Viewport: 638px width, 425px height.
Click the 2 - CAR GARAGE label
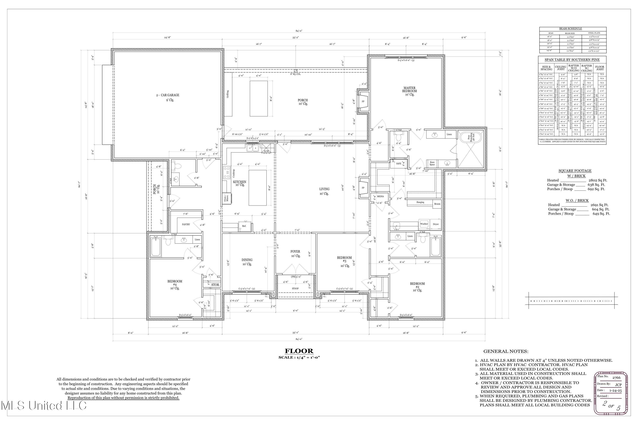167,95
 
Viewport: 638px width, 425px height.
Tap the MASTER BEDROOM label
409,90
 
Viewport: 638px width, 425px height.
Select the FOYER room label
295,252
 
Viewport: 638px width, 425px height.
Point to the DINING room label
247,260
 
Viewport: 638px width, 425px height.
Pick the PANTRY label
186,225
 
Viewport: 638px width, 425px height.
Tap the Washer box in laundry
424,224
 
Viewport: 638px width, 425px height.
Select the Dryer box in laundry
436,224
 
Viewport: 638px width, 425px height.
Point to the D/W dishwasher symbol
267,151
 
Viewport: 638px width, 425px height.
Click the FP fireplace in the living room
363,188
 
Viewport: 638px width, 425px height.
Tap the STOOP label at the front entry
295,289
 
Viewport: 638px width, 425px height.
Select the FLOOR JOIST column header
600,68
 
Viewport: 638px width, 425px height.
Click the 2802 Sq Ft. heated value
598,180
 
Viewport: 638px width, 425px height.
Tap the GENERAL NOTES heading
506,351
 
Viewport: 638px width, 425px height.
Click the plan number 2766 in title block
616,378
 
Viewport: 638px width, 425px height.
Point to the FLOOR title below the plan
299,351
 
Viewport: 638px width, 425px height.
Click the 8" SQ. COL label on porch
295,74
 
